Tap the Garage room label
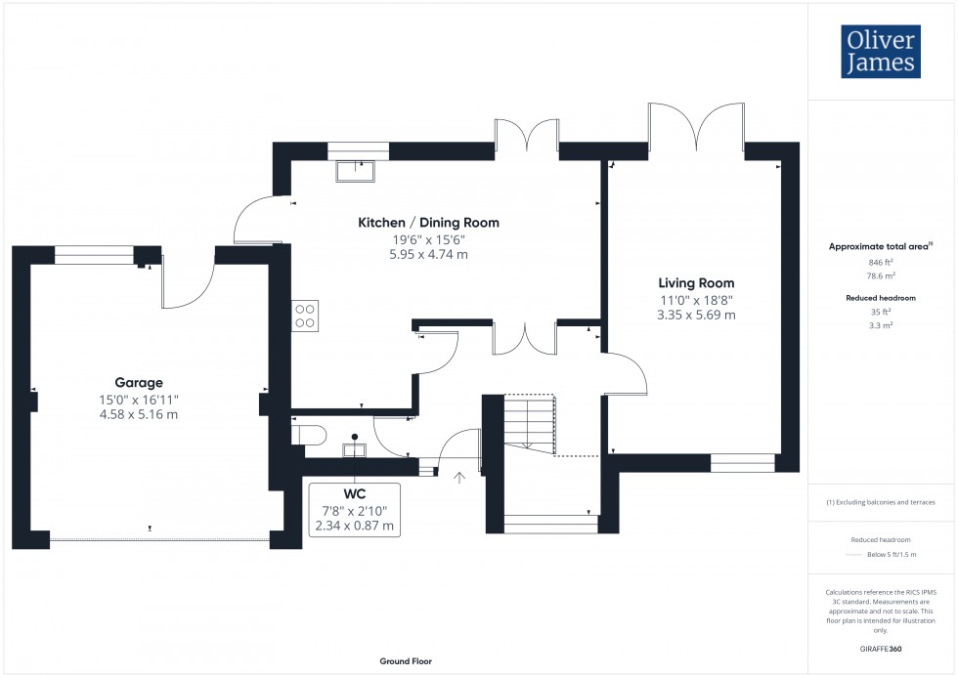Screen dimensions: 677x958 click(x=139, y=383)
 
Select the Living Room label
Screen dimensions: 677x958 click(x=696, y=283)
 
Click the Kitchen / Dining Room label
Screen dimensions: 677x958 click(x=428, y=223)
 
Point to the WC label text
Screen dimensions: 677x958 click(x=354, y=494)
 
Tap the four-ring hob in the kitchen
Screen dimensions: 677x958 click(x=305, y=316)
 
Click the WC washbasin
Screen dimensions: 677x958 click(x=354, y=448)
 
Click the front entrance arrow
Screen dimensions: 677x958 click(x=460, y=478)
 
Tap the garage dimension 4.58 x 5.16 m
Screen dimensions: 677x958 click(x=139, y=414)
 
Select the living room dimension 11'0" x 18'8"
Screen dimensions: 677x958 click(x=696, y=300)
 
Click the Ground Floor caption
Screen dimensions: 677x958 click(x=406, y=661)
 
